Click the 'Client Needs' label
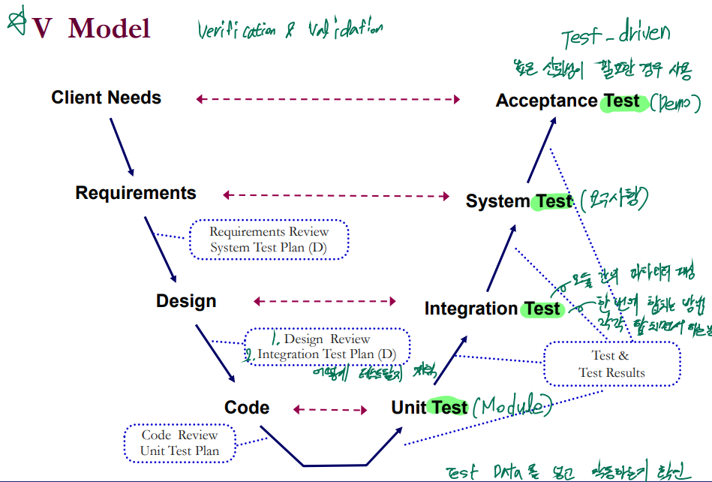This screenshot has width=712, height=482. (106, 98)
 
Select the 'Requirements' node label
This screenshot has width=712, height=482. (136, 193)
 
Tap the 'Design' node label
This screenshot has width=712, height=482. (186, 301)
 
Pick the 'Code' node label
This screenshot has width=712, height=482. (247, 408)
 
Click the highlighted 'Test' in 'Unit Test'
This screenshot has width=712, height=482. (450, 408)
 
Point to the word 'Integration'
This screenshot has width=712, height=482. (471, 309)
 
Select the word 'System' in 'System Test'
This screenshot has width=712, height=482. (497, 201)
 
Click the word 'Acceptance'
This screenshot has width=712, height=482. (546, 101)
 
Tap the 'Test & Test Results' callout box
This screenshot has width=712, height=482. (612, 364)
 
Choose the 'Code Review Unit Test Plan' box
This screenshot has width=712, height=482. (179, 443)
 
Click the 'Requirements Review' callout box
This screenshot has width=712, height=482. (269, 239)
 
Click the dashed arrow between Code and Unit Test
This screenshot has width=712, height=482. (330, 409)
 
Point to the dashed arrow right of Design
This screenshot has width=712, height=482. (325, 301)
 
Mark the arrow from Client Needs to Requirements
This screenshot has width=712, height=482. (122, 146)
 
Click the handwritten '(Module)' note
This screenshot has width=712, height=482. (513, 406)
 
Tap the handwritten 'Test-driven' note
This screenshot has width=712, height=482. (615, 35)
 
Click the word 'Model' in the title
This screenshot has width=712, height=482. (109, 29)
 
